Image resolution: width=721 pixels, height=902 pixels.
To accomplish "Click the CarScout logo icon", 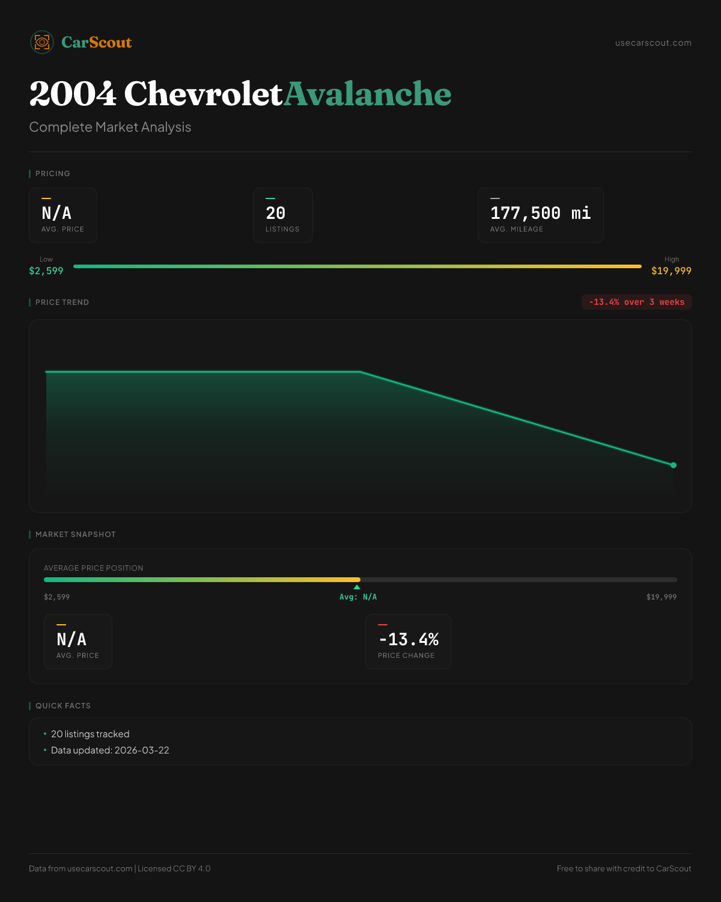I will click(x=42, y=42).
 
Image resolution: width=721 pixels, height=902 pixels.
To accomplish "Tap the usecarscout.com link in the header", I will click(x=653, y=43).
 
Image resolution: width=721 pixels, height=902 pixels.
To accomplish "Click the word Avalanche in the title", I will click(x=367, y=94).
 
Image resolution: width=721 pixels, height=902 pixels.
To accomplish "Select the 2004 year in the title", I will click(x=73, y=94).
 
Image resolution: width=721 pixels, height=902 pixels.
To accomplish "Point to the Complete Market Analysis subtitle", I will click(x=110, y=127).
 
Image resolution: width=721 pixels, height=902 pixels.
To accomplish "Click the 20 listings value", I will click(x=276, y=213).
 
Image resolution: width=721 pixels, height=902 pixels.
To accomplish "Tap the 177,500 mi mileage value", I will click(x=540, y=213).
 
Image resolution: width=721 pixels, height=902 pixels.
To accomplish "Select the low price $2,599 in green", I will click(x=46, y=271).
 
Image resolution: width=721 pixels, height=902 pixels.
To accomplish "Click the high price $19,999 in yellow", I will click(x=671, y=271).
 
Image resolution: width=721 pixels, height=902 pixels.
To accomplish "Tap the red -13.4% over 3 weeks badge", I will click(x=636, y=302).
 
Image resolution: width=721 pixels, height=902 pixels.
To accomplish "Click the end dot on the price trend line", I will click(x=674, y=465).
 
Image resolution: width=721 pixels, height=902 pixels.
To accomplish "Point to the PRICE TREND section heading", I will click(x=62, y=302).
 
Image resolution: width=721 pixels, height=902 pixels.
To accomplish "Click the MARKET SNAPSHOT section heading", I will click(x=75, y=535).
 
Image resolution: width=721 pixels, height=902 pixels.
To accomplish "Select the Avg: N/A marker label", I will click(x=358, y=597).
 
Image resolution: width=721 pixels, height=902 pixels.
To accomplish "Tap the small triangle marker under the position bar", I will click(x=357, y=587).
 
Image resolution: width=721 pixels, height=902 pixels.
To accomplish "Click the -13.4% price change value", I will click(x=409, y=639).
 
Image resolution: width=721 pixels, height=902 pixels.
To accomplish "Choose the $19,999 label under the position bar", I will click(x=662, y=597).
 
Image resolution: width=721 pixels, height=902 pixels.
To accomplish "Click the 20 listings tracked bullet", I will click(x=90, y=734).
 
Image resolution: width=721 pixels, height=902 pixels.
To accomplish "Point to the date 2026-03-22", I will click(x=142, y=750).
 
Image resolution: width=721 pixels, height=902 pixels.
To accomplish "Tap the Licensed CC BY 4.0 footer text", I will click(x=174, y=868).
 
